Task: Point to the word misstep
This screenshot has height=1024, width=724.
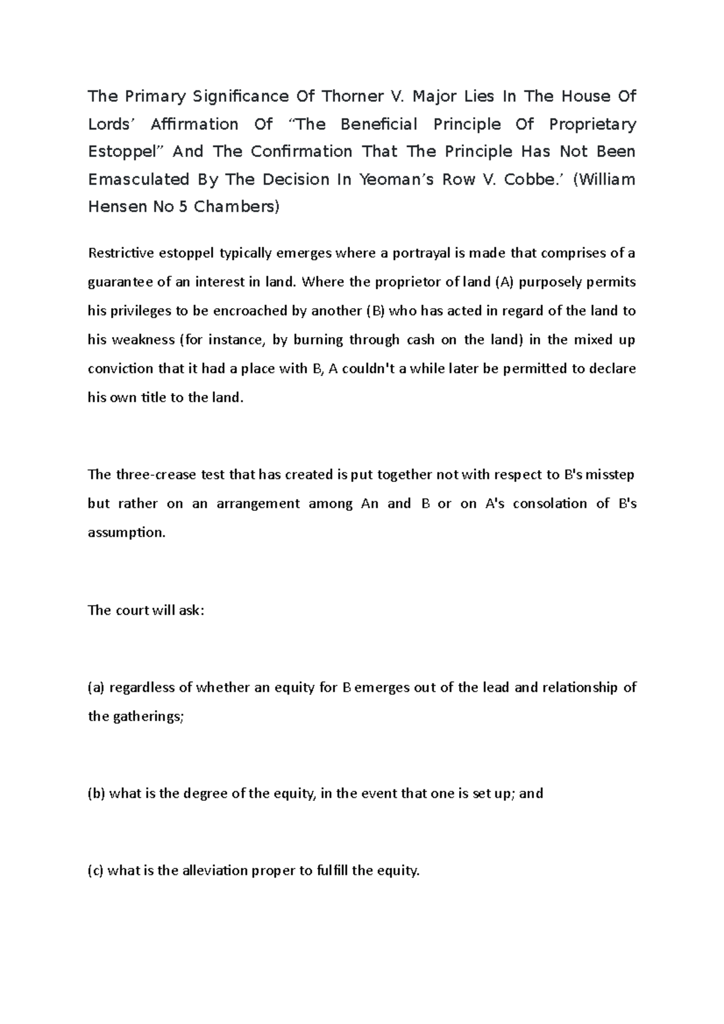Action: [x=611, y=475]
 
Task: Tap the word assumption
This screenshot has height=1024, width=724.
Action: [x=126, y=533]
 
